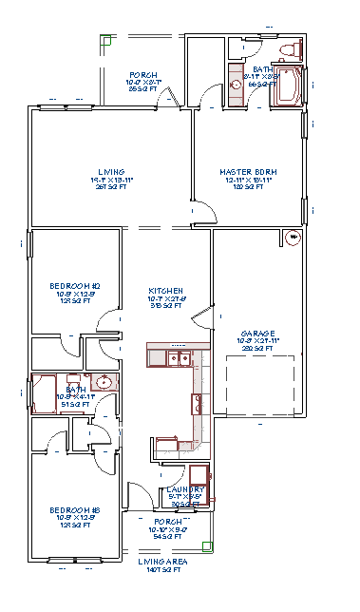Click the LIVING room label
[x=112, y=172]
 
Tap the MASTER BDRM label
[x=246, y=172]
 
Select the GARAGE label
[x=257, y=335]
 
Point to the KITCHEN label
[x=165, y=291]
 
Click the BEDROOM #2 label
[x=75, y=286]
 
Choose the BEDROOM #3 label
[x=75, y=510]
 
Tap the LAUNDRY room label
[x=186, y=489]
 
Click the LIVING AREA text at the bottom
[x=163, y=562]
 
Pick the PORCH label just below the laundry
[x=167, y=522]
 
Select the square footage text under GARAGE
[x=257, y=349]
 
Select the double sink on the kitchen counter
[x=178, y=358]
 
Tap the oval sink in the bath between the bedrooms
[x=104, y=383]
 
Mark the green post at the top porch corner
[x=106, y=41]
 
